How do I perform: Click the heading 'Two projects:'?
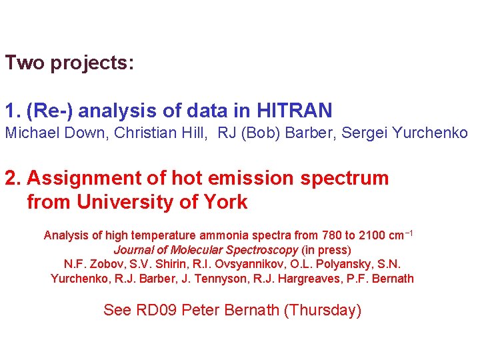tap(69, 63)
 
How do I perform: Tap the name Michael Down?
tap(55, 133)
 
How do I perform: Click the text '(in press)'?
tap(326, 250)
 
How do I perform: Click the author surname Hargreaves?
tap(301, 279)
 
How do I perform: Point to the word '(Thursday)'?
tap(323, 310)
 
